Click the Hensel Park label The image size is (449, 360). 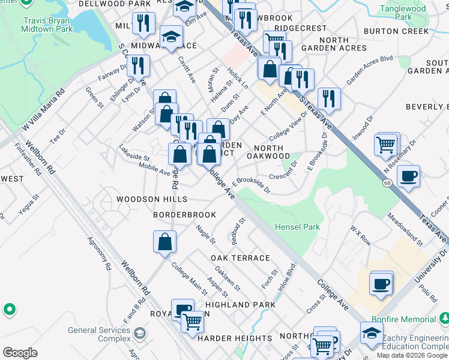click(297, 227)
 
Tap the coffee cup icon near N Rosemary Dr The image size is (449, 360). click(408, 176)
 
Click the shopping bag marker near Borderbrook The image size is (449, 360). click(164, 242)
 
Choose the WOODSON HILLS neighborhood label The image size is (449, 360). click(152, 199)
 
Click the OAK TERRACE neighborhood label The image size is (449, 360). click(240, 258)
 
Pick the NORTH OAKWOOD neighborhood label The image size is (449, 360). click(272, 152)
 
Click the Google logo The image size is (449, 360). click(20, 352)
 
